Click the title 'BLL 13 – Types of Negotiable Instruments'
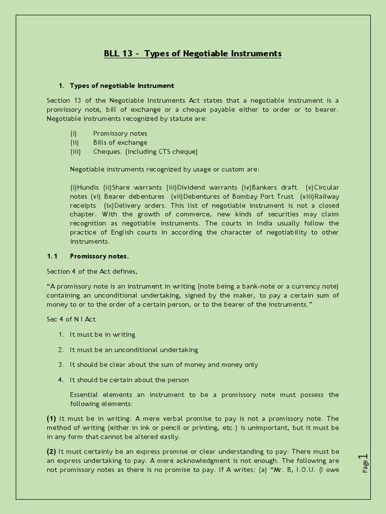[x=192, y=53]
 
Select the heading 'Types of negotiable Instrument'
[x=122, y=86]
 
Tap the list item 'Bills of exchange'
[x=120, y=143]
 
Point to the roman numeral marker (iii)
[x=75, y=152]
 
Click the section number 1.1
[x=53, y=256]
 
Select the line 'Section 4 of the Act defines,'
[x=92, y=272]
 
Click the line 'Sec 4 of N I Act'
[x=71, y=319]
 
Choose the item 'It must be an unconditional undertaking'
[x=134, y=349]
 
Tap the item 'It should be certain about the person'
[x=129, y=379]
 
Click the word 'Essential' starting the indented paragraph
[x=85, y=395]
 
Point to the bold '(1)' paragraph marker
[x=51, y=419]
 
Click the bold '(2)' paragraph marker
[x=51, y=452]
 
